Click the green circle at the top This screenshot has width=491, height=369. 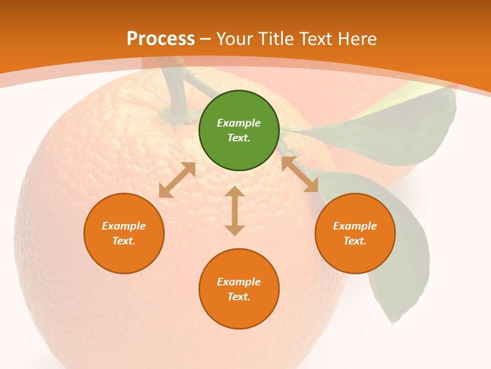239,131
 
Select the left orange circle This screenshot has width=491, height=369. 124,233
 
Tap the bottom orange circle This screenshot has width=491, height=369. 239,289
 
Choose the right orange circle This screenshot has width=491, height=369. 355,233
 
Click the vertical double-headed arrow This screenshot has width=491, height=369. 235,211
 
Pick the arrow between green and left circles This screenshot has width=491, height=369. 177,180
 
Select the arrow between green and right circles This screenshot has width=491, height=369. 300,174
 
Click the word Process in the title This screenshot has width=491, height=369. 161,38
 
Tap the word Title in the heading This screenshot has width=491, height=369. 277,38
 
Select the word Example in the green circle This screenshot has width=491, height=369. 239,123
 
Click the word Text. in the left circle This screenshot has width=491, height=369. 124,241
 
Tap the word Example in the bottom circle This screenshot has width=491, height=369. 239,282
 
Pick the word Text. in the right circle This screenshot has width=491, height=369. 355,241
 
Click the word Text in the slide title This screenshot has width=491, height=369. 317,38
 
